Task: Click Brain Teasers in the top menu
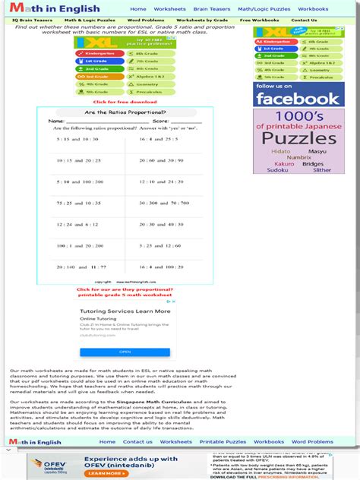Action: point(212,9)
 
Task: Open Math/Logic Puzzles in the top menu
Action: point(264,9)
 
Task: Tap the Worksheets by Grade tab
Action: point(201,21)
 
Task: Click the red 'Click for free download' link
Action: point(125,102)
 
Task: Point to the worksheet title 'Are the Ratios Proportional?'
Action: point(125,112)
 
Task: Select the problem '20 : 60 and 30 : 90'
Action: point(161,160)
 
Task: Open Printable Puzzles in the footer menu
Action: point(223,441)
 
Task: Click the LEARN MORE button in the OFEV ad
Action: point(104,473)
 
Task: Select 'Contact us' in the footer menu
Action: point(137,441)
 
